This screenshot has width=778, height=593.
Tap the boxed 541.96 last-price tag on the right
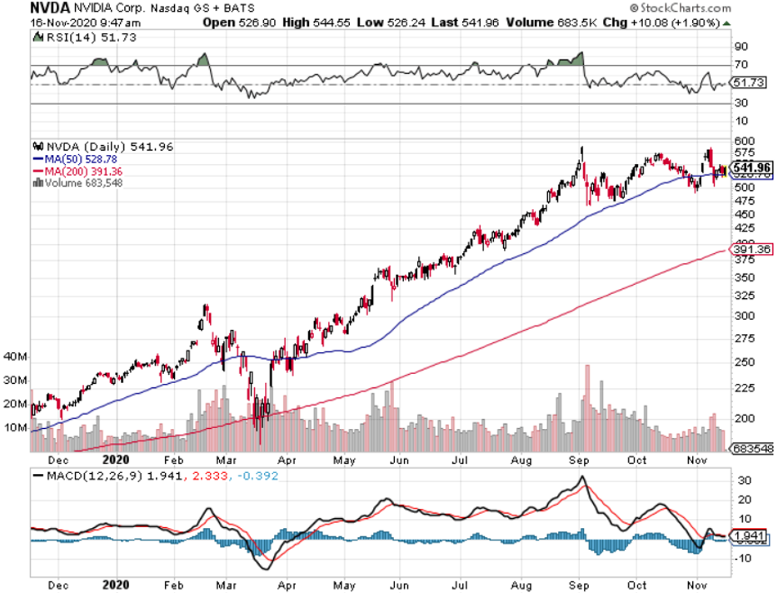[x=750, y=168]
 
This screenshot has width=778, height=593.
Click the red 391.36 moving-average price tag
[x=750, y=249]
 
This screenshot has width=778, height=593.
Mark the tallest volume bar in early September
[x=588, y=408]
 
